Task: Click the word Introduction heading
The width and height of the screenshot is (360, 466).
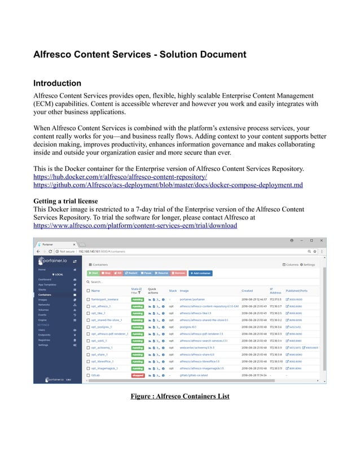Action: (57, 83)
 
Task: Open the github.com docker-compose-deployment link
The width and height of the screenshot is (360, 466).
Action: (168, 185)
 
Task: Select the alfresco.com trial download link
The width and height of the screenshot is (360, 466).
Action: (135, 226)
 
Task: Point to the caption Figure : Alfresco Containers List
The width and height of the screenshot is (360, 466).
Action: (179, 396)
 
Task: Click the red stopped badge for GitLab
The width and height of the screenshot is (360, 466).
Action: (137, 375)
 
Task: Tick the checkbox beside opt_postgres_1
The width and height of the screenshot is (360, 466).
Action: (88, 327)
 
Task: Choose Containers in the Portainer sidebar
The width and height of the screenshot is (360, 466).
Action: (45, 294)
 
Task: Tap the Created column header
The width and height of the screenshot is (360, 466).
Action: (248, 291)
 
